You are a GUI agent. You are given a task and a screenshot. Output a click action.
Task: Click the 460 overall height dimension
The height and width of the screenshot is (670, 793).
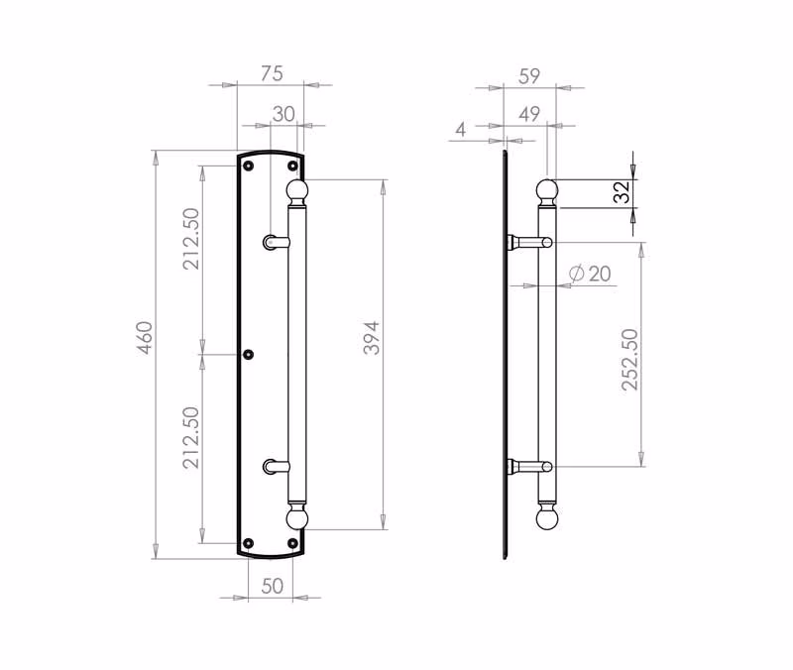145,338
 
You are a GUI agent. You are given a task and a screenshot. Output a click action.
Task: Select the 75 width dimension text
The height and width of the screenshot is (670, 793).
272,73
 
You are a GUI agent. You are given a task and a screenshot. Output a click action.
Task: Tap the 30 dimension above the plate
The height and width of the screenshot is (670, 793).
283,114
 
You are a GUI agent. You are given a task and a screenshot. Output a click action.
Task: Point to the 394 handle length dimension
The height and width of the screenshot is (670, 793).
372,338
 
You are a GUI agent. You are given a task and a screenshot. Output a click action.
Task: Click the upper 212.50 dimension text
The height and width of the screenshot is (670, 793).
192,239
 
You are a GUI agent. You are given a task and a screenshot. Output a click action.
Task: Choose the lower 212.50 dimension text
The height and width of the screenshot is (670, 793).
192,437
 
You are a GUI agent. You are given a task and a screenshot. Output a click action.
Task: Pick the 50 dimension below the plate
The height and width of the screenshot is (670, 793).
272,586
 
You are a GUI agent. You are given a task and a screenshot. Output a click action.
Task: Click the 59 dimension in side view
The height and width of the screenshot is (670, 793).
529,76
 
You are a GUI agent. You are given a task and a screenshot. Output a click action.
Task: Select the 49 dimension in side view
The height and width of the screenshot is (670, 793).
529,114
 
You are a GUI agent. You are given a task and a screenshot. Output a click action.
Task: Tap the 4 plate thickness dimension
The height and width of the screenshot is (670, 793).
460,130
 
